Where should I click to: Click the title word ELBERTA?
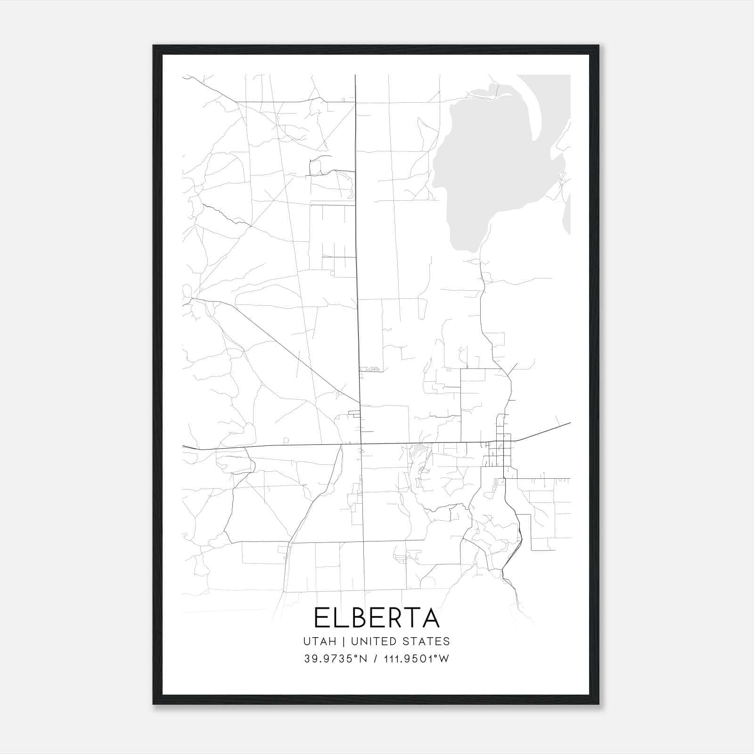click(x=377, y=618)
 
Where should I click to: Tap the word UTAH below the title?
click(x=320, y=641)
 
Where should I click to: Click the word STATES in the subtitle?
click(x=426, y=641)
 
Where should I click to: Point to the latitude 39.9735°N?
click(x=335, y=659)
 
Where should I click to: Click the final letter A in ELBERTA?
click(x=431, y=618)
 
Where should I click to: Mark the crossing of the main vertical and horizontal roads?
click(x=360, y=443)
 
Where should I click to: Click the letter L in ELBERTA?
click(x=340, y=618)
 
